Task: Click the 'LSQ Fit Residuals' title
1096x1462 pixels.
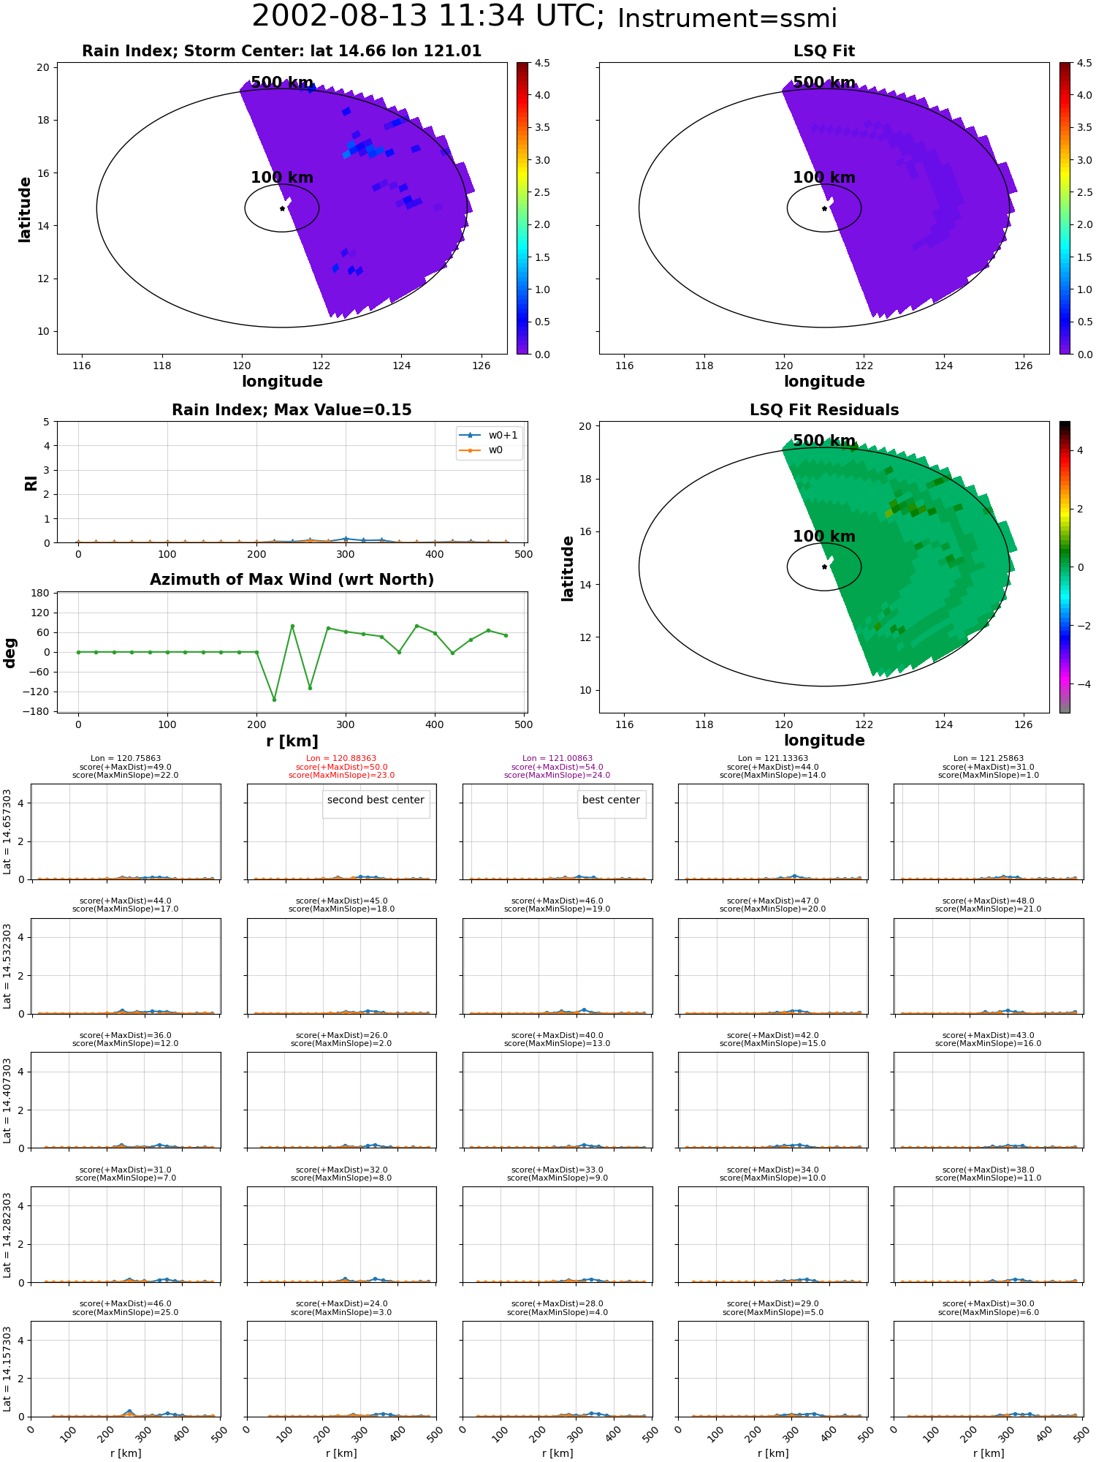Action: click(824, 410)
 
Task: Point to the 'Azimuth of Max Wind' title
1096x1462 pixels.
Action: click(292, 580)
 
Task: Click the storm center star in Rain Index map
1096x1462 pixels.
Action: click(282, 208)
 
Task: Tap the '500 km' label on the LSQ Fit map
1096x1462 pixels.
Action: click(824, 83)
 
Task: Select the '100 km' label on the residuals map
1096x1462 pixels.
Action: click(824, 537)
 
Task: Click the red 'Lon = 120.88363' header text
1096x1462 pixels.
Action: click(341, 759)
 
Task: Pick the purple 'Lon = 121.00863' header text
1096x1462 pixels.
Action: click(557, 759)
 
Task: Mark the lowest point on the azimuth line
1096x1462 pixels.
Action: click(274, 700)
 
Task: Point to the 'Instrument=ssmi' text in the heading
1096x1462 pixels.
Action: click(727, 19)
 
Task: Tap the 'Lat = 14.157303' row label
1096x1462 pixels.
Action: click(7, 1368)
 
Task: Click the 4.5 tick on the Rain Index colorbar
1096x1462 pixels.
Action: click(541, 63)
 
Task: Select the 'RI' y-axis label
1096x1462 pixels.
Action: click(31, 482)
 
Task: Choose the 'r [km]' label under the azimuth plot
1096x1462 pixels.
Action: click(292, 741)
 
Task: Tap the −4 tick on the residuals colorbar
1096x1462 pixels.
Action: click(1080, 684)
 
